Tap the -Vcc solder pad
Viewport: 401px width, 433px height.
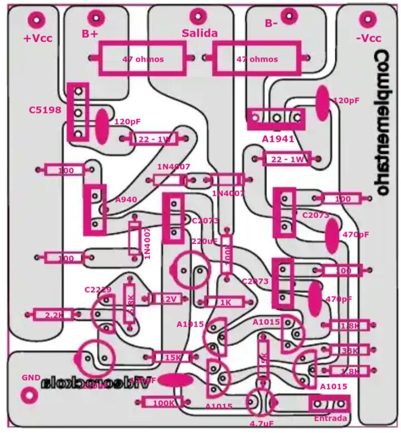pyautogui.click(x=368, y=19)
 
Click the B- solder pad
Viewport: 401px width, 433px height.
pyautogui.click(x=288, y=15)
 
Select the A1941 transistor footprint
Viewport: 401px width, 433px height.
pyautogui.click(x=277, y=118)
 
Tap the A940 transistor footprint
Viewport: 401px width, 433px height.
pyautogui.click(x=95, y=210)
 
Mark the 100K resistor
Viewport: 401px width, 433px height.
pyautogui.click(x=163, y=402)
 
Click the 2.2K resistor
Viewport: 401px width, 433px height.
pyautogui.click(x=54, y=315)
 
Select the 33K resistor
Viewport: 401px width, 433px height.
pyautogui.click(x=349, y=350)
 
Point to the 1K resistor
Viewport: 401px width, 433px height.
pyautogui.click(x=226, y=302)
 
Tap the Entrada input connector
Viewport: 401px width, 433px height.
pyautogui.click(x=329, y=404)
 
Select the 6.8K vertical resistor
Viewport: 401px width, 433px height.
pyautogui.click(x=129, y=304)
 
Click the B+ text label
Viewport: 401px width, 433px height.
pyautogui.click(x=90, y=34)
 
